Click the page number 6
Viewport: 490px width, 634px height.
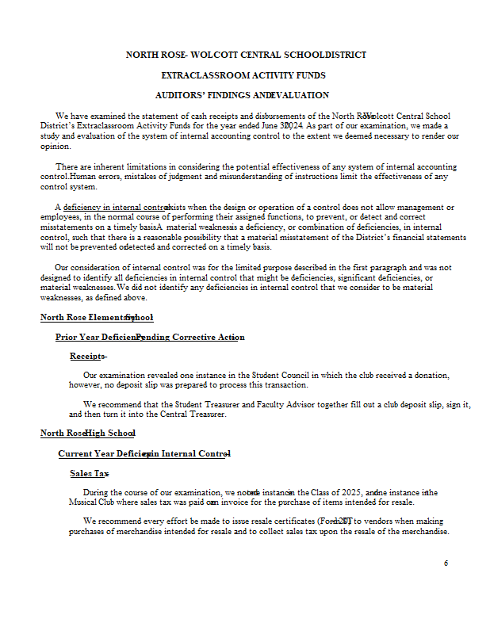point(446,563)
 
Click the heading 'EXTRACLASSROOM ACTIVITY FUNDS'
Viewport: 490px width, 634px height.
point(243,75)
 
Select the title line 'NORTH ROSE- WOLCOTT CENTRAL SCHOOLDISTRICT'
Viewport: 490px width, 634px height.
point(246,55)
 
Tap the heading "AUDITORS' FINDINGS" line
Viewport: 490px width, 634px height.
point(241,95)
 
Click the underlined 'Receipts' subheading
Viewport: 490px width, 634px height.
point(87,356)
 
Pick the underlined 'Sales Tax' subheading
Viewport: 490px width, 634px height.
point(89,473)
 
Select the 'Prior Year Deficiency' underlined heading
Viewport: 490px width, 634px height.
point(150,337)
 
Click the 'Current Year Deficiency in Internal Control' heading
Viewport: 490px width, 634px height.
point(144,453)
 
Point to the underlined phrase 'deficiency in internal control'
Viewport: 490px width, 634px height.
point(116,207)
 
